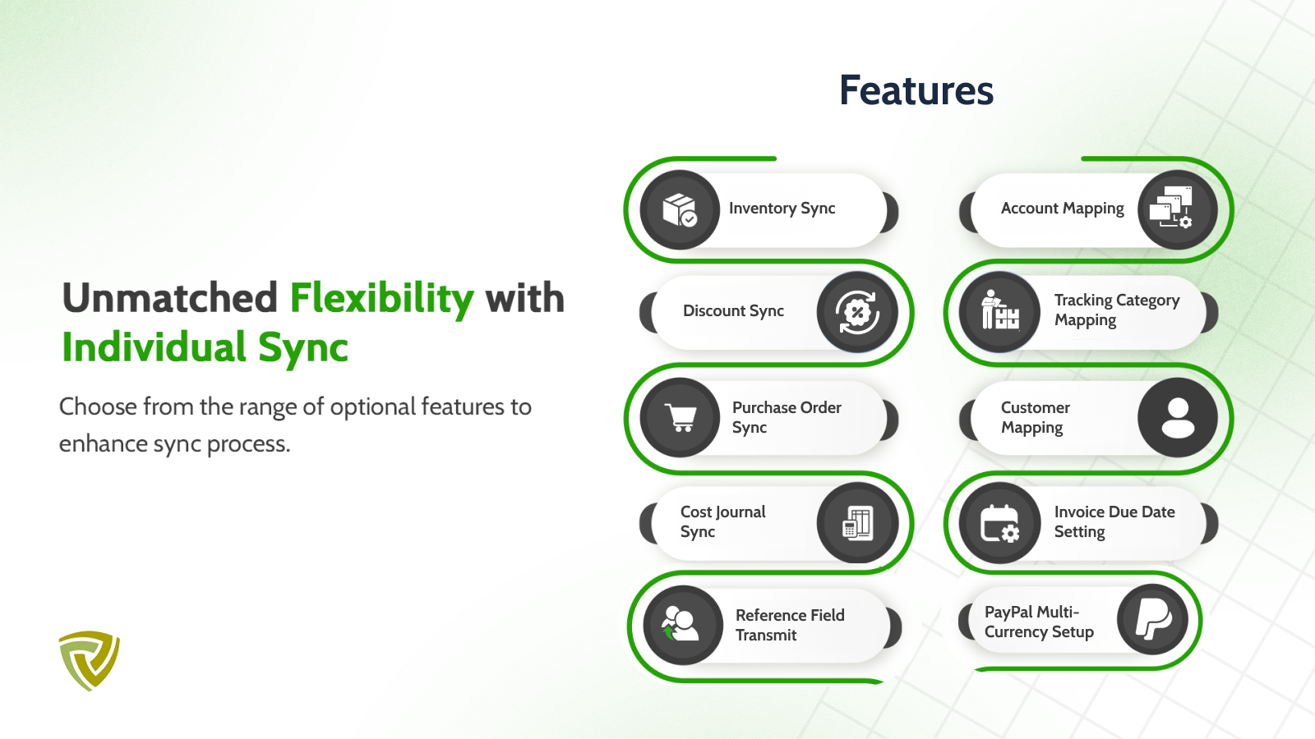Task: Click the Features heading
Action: point(916,90)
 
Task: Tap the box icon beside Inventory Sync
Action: point(679,210)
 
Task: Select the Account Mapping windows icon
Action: point(1171,207)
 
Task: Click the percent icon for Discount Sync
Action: point(857,311)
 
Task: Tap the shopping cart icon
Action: point(681,418)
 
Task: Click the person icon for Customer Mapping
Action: point(1178,418)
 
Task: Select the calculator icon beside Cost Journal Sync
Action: point(858,522)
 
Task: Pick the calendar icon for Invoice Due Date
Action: point(999,523)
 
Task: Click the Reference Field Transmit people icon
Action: point(681,624)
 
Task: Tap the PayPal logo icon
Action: point(1154,619)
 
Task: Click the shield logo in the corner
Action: point(90,660)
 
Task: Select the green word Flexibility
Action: point(381,299)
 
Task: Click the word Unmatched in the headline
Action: point(169,298)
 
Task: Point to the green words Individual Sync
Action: point(205,347)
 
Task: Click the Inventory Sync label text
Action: point(782,209)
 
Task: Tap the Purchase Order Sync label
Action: point(787,417)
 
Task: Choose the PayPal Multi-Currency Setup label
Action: point(1039,622)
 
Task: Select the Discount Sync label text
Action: point(733,311)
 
